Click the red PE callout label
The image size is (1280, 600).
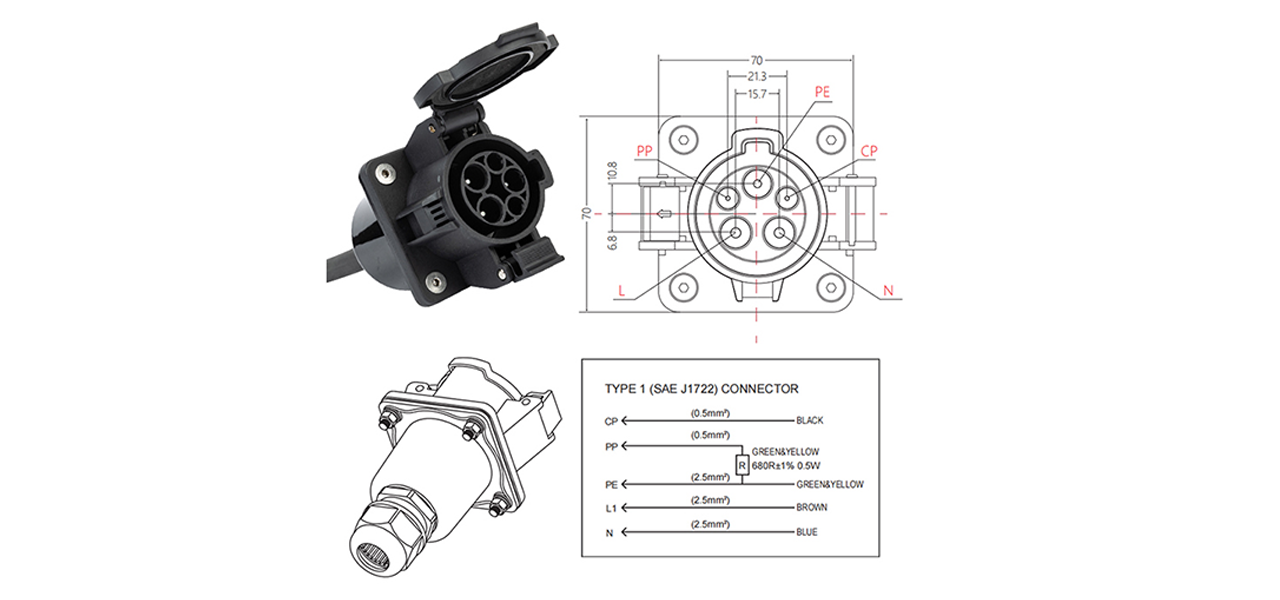point(822,91)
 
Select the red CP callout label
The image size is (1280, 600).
point(869,151)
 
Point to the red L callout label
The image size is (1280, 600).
point(622,291)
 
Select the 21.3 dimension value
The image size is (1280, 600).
point(757,76)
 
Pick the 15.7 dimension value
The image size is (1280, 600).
point(757,94)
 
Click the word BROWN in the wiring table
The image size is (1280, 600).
point(811,508)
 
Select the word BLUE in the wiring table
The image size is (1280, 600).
point(806,532)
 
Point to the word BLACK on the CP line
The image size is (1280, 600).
point(809,421)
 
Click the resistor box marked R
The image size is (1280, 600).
point(741,464)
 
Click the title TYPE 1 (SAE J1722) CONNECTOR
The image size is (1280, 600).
point(701,389)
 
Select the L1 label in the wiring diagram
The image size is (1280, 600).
point(611,508)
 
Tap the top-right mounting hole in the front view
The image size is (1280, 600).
point(829,138)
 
